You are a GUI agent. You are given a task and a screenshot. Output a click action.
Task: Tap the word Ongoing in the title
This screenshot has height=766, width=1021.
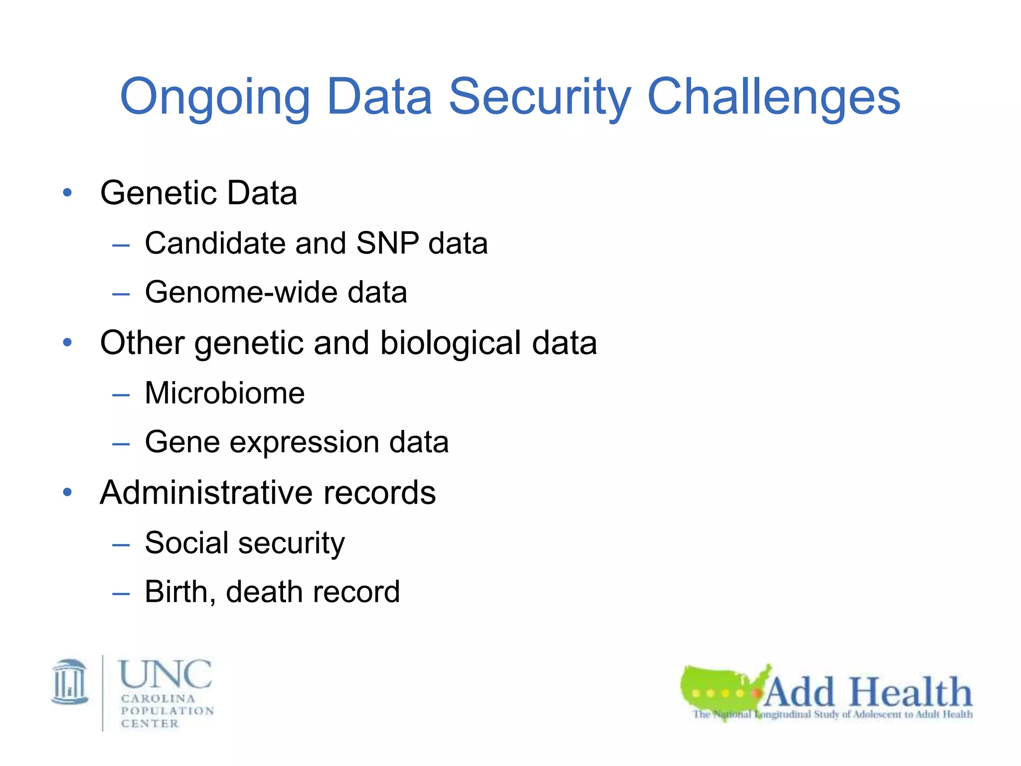click(215, 97)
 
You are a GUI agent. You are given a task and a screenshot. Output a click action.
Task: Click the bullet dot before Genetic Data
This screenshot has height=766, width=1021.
click(67, 192)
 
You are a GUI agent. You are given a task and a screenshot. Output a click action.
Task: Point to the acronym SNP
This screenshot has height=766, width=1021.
click(387, 243)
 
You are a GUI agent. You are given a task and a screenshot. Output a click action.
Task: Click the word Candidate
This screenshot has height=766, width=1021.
click(215, 243)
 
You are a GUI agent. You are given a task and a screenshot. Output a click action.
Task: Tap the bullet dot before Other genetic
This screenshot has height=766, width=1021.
click(67, 343)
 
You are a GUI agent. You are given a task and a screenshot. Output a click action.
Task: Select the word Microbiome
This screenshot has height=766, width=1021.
click(224, 393)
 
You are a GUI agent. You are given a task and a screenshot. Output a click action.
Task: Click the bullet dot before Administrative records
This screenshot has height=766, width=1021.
click(67, 493)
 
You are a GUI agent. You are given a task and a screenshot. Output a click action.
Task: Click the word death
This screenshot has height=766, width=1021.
click(264, 592)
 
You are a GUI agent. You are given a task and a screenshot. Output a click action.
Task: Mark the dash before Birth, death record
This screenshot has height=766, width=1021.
click(121, 593)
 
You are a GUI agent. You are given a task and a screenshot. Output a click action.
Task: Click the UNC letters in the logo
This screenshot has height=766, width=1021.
click(166, 674)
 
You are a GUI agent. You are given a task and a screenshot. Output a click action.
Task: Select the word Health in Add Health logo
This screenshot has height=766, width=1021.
click(910, 692)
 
